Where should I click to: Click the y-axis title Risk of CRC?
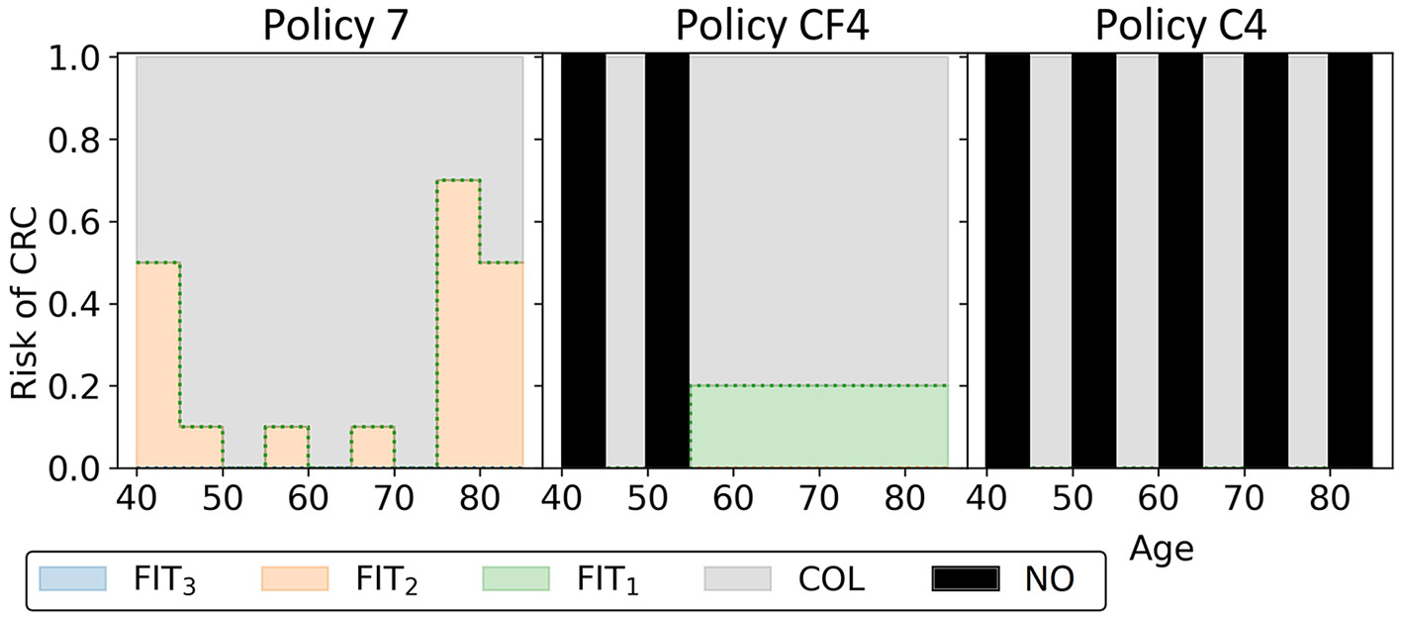pos(27,261)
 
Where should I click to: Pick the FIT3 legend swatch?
pos(70,576)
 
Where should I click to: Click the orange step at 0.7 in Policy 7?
pos(458,180)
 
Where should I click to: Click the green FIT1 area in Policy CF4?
pos(818,426)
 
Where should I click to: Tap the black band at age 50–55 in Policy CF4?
pos(667,261)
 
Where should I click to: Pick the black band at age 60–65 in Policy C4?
pos(1180,261)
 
